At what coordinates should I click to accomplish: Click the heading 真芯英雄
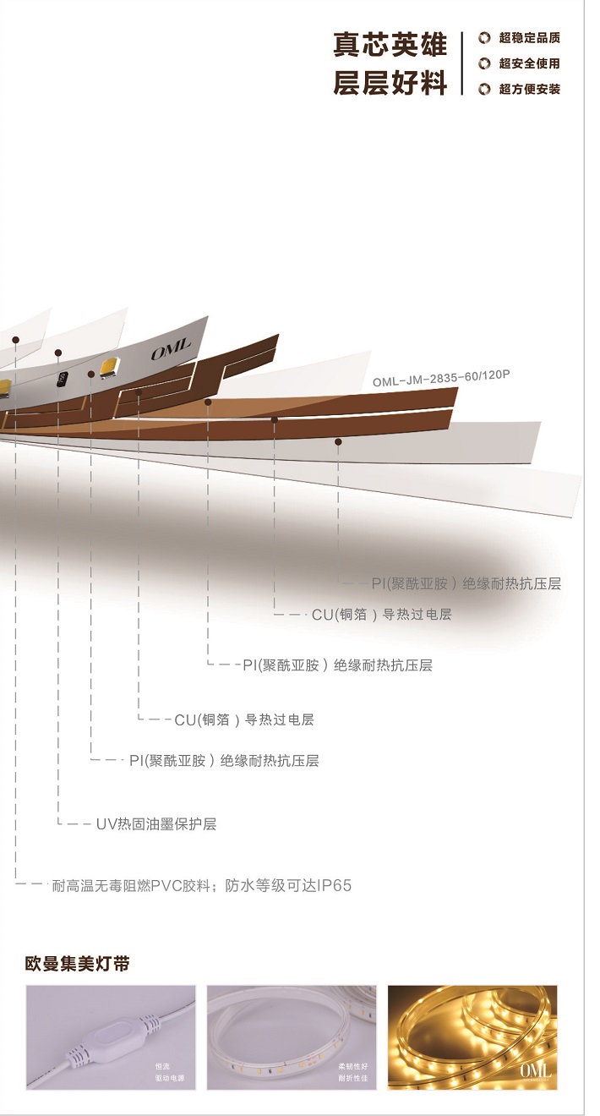(390, 46)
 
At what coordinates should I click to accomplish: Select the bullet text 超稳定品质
(529, 38)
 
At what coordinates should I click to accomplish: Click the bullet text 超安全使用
(529, 63)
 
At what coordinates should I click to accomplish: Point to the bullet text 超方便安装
(529, 89)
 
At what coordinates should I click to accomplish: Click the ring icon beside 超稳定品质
(484, 38)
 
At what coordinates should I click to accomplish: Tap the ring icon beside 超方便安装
(484, 89)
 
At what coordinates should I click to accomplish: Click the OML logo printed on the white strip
(172, 349)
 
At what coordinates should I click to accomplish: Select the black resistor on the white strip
(62, 380)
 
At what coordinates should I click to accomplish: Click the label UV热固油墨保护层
(156, 823)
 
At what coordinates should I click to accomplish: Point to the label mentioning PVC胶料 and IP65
(201, 886)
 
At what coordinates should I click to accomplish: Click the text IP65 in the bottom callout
(334, 886)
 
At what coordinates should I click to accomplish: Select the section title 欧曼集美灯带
(78, 964)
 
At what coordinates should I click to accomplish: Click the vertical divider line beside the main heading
(462, 63)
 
